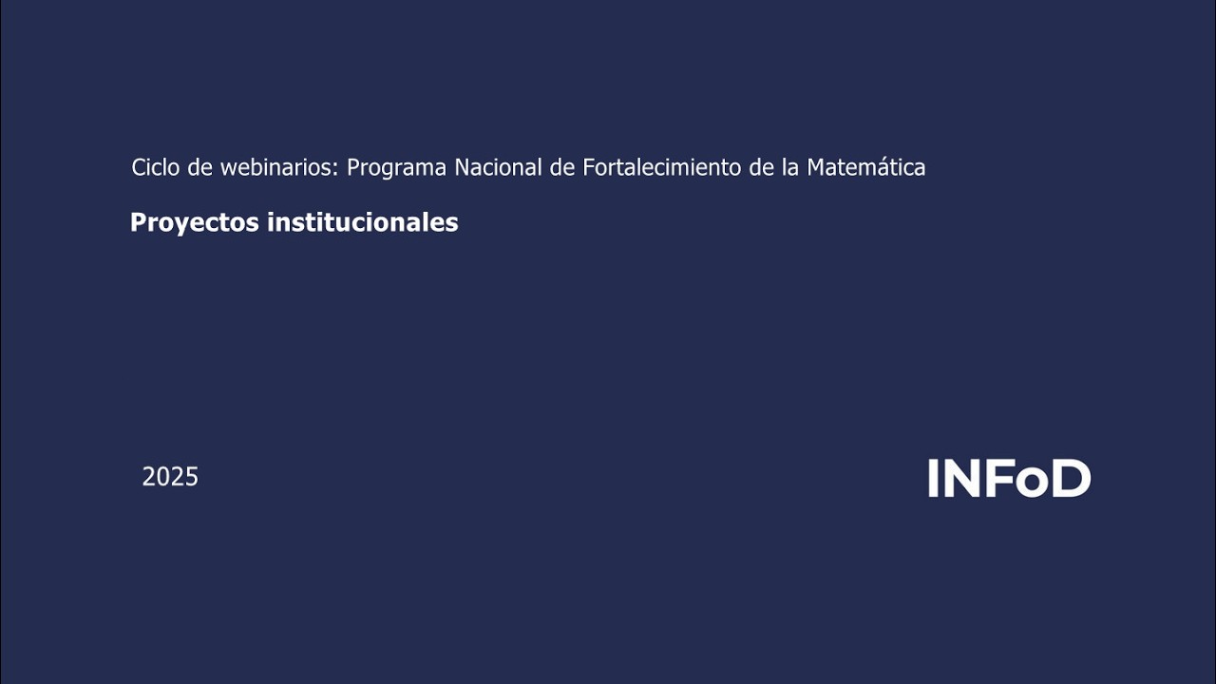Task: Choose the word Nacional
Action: (x=498, y=167)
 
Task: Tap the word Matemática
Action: (x=865, y=167)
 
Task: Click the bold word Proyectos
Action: (x=195, y=223)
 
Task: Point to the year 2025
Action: (x=170, y=477)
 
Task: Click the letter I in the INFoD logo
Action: (x=933, y=479)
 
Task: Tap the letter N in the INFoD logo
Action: (x=959, y=479)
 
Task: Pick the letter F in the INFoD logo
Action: (x=997, y=479)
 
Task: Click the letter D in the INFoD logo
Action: (x=1071, y=479)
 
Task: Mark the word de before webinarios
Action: (x=200, y=167)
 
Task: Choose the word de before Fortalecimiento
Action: (x=563, y=167)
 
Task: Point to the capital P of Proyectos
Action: (x=138, y=222)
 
